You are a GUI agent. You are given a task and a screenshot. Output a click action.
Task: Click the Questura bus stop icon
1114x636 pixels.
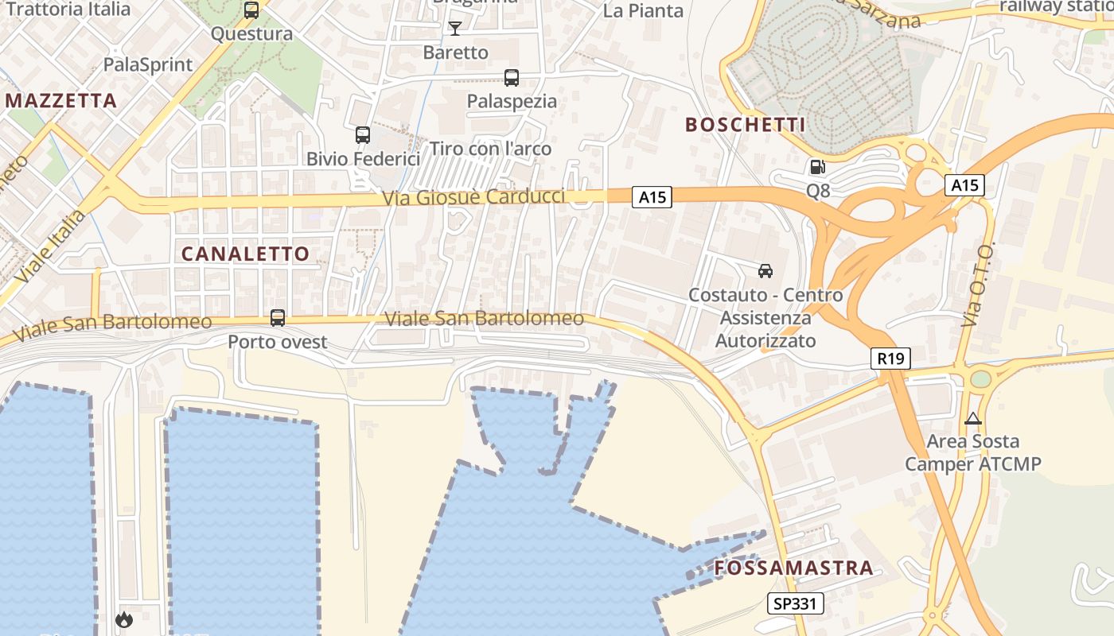tap(251, 10)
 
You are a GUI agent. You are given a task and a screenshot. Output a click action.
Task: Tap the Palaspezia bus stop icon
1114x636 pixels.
tap(512, 78)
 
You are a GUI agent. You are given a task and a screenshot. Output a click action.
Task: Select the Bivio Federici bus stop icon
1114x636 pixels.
tap(363, 135)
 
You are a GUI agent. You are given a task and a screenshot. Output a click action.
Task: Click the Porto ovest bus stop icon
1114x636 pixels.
tap(278, 318)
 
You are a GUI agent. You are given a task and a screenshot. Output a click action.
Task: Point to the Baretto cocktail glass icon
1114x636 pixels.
tap(455, 29)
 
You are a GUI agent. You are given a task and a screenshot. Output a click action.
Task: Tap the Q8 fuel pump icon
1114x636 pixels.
tap(817, 167)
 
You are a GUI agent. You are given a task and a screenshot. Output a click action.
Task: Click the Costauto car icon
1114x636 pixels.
tap(765, 271)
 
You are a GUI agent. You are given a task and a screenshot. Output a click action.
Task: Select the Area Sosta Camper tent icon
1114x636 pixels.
tap(973, 418)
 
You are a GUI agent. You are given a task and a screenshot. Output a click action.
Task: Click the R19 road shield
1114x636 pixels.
tap(890, 359)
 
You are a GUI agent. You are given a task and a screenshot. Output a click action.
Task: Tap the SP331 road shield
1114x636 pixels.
tap(796, 603)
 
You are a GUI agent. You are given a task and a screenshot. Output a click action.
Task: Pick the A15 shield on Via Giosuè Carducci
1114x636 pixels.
tap(652, 197)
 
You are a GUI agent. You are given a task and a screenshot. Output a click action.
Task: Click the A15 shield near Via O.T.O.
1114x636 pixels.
tap(965, 185)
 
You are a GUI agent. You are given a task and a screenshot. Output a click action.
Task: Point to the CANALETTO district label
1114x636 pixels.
tap(245, 254)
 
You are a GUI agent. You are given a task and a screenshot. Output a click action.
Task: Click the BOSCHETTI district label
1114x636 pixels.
tap(746, 125)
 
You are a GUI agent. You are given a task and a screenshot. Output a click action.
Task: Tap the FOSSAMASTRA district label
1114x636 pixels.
tap(794, 568)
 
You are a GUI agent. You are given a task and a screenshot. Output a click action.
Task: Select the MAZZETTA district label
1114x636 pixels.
tap(62, 101)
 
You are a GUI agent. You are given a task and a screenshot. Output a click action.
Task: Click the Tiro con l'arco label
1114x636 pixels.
tap(490, 149)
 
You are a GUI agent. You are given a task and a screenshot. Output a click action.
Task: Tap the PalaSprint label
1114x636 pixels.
tap(149, 65)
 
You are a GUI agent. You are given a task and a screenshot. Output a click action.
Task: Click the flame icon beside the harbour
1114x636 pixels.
tap(124, 619)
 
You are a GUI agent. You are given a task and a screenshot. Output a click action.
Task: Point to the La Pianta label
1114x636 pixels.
tap(643, 10)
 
